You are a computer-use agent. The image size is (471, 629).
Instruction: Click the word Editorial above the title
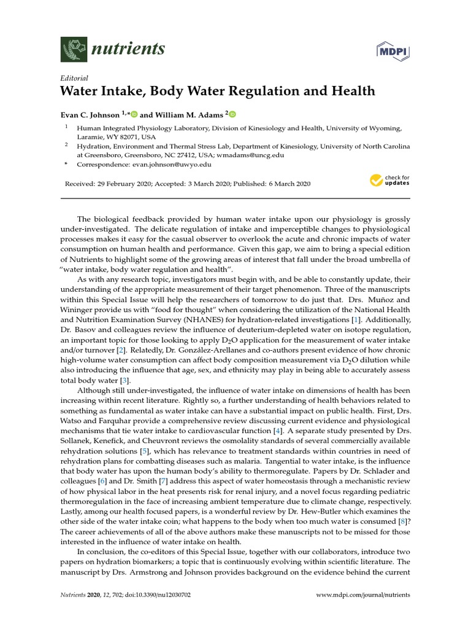pos(74,78)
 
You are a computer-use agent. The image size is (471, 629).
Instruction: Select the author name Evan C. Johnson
pos(90,114)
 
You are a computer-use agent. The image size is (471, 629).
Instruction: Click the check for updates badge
pos(389,181)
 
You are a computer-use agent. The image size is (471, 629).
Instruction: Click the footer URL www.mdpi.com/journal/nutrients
pos(362,595)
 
